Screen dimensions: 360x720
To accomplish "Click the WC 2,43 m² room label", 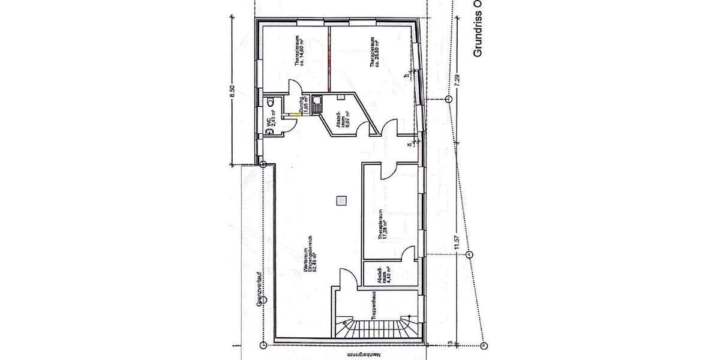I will pyautogui.click(x=268, y=123).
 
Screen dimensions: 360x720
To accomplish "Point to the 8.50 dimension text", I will pyautogui.click(x=232, y=92).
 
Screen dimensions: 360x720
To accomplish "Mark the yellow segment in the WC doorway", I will pyautogui.click(x=290, y=115).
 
